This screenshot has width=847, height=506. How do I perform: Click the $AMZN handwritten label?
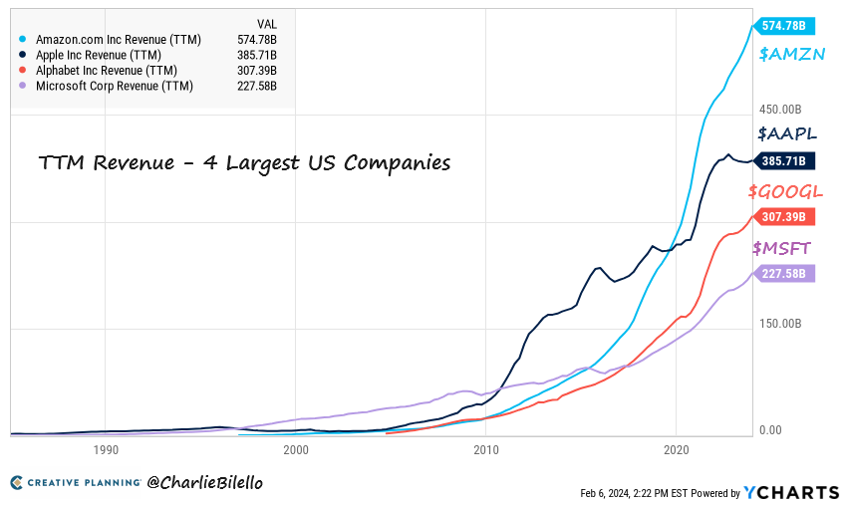click(x=791, y=55)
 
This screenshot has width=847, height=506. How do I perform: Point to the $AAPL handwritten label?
click(x=787, y=133)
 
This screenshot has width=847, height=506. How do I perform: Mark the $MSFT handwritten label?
click(x=783, y=247)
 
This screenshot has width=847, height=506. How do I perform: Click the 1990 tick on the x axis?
click(x=107, y=450)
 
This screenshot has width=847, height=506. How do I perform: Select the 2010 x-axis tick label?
click(x=486, y=450)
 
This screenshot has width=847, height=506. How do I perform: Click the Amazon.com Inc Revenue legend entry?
click(x=119, y=40)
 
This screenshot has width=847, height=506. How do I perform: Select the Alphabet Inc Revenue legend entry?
click(x=106, y=71)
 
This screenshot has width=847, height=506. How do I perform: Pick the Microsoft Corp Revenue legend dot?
click(x=21, y=87)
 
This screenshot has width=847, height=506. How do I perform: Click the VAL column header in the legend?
click(x=267, y=22)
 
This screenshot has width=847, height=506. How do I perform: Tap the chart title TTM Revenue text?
click(x=244, y=162)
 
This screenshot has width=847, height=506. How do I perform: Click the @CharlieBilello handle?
click(x=205, y=482)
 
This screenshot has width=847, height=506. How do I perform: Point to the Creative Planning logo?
click(x=76, y=483)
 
